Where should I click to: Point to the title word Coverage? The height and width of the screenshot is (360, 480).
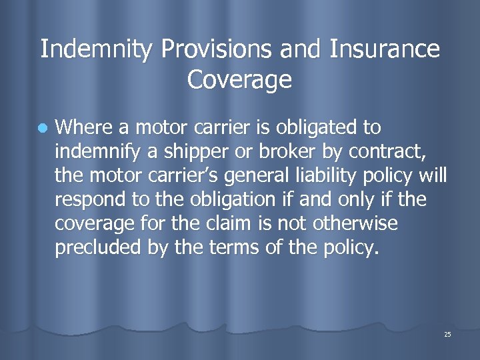tap(240, 80)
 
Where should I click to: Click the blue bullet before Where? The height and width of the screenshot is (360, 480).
tap(41, 128)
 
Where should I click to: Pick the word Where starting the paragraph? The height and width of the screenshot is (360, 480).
tap(83, 127)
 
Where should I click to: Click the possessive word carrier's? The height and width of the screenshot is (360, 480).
tap(193, 175)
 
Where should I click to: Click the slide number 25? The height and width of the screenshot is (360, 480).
tap(447, 334)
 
